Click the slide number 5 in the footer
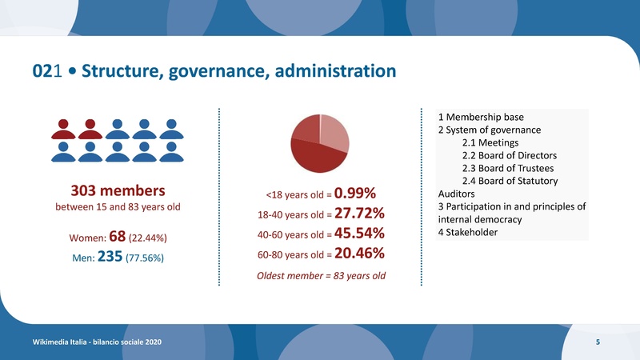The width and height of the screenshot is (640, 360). click(598, 342)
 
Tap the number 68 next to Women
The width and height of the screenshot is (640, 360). click(114, 239)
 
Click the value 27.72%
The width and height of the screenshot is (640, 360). click(360, 214)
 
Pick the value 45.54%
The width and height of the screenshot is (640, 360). click(360, 234)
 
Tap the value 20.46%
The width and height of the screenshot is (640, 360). click(360, 254)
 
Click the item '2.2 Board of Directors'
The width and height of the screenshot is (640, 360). click(509, 155)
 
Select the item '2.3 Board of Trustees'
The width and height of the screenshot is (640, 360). click(507, 168)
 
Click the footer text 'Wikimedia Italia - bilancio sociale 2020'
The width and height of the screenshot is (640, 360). click(97, 342)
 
